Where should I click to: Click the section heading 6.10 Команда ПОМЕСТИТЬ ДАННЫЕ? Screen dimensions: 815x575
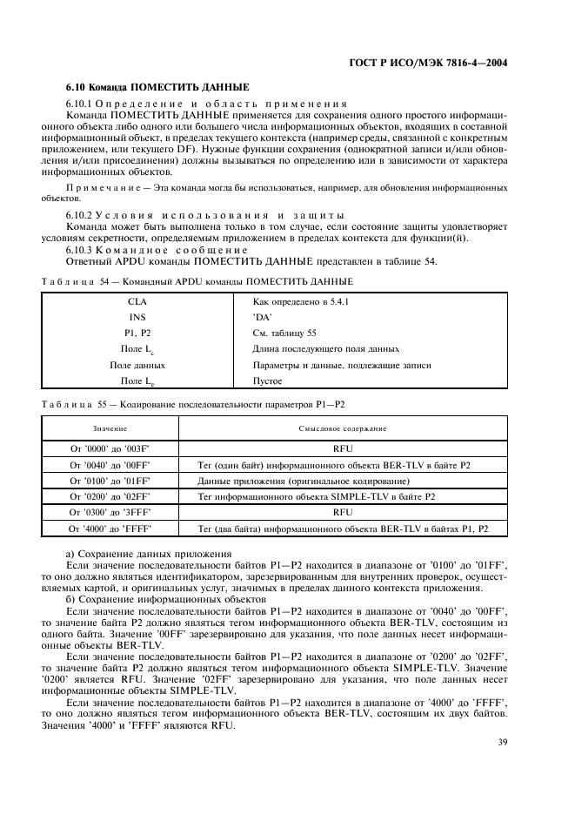[x=157, y=88]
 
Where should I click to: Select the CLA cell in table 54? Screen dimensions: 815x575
[x=137, y=300]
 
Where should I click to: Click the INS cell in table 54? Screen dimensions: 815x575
[x=137, y=317]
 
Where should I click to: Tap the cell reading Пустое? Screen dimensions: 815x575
[x=268, y=381]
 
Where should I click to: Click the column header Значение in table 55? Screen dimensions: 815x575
[x=110, y=429]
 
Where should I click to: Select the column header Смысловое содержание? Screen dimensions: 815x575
[x=343, y=429]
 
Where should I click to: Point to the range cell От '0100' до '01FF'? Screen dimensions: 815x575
[x=110, y=482]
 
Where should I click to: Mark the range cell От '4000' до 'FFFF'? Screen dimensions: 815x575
[x=110, y=529]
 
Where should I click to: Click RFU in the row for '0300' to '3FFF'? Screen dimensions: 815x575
[x=343, y=513]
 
